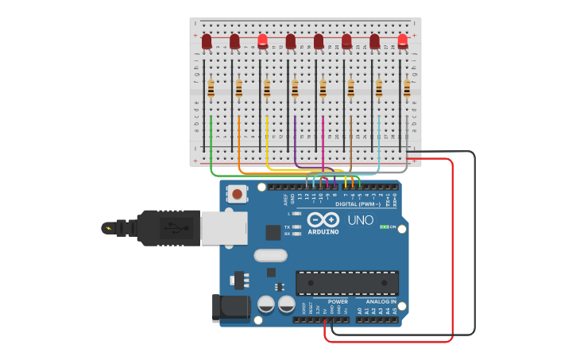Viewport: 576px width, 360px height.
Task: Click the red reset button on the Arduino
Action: [x=237, y=193]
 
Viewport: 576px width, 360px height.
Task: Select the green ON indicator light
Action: [x=384, y=227]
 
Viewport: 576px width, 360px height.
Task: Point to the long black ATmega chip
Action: [x=347, y=283]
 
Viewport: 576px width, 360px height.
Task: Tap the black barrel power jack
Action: [x=230, y=308]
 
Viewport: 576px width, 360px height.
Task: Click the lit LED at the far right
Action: [x=403, y=41]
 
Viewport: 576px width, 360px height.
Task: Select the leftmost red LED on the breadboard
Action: [x=207, y=41]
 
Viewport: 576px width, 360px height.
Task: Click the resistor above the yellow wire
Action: [x=267, y=87]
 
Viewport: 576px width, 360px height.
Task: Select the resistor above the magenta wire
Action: [x=323, y=87]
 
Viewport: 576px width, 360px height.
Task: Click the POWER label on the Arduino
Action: [x=338, y=302]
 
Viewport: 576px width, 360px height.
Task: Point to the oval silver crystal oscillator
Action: [x=270, y=256]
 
